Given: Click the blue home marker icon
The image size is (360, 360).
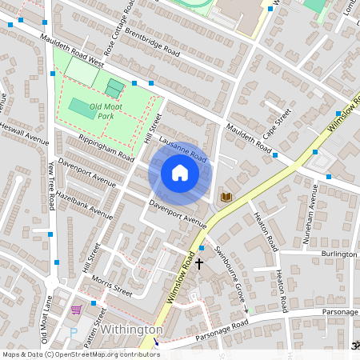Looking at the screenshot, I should click(180, 173).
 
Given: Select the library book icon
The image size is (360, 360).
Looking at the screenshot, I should click(226, 196).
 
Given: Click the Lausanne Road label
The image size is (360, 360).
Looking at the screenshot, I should click(183, 150).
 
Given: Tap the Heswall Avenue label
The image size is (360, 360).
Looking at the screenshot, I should click(24, 132).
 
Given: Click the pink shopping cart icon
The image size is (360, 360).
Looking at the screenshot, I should click(77, 310).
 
